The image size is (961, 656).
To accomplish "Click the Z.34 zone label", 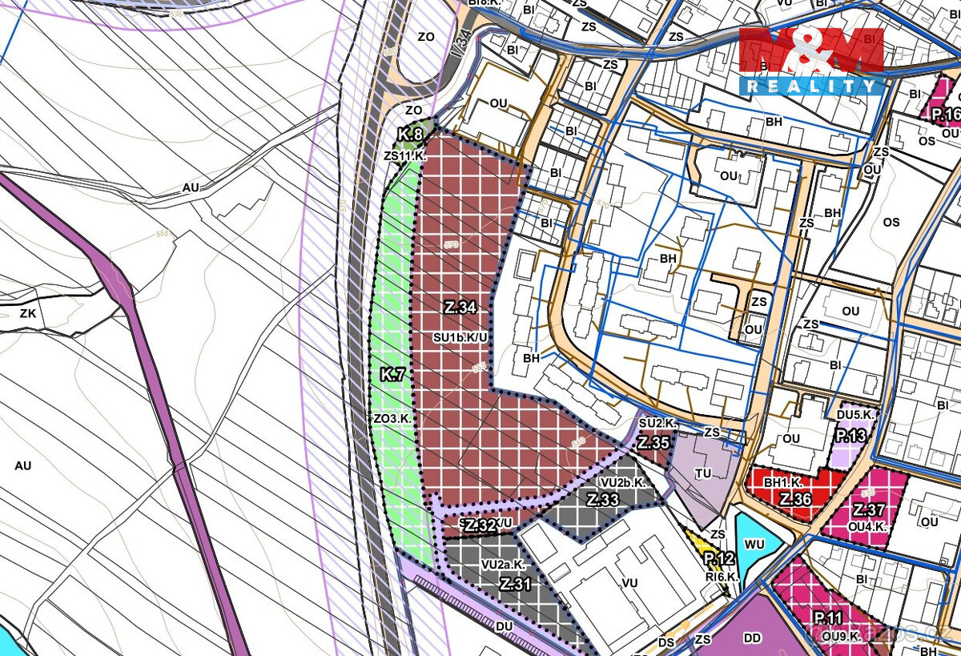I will [460, 307].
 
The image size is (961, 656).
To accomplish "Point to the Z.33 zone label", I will [603, 500].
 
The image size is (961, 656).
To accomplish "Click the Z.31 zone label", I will [515, 585].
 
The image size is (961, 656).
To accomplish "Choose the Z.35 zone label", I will [653, 442].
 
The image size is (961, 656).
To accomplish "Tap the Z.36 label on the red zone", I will [796, 498].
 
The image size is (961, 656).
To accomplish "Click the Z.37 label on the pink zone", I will [868, 510].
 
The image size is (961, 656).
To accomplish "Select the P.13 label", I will [850, 437].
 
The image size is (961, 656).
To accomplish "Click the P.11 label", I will [830, 618].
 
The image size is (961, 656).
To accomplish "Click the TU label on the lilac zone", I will [703, 473].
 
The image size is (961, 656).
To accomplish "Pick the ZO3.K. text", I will [392, 419].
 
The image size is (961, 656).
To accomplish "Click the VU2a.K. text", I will [502, 565].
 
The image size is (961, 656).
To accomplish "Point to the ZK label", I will [28, 313].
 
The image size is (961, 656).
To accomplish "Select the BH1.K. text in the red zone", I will [782, 483].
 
